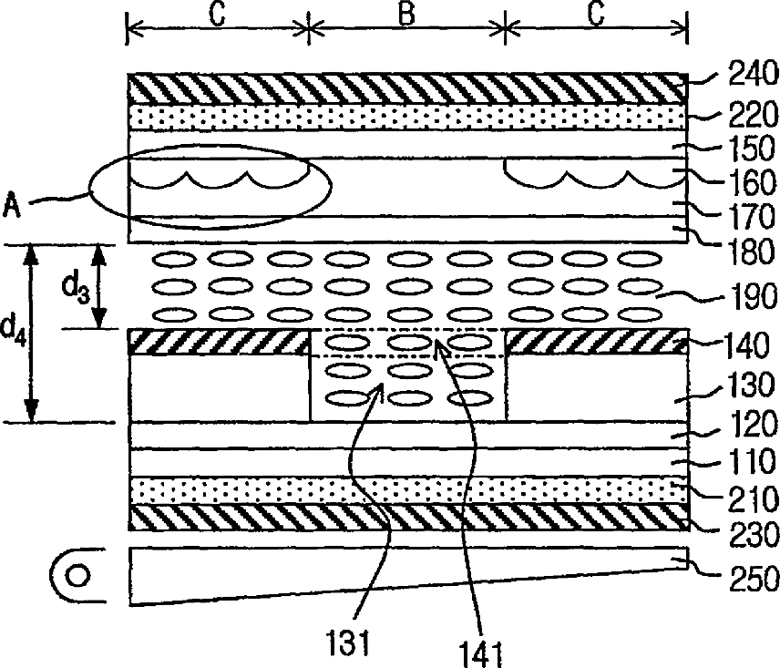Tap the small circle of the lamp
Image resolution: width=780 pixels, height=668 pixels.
coord(80,576)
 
